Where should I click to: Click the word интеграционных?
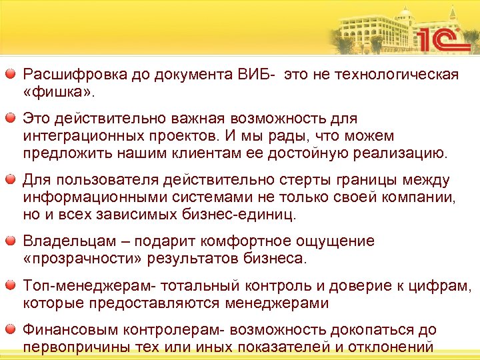coord(75,135)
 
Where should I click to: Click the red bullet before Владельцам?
coord(11,241)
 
